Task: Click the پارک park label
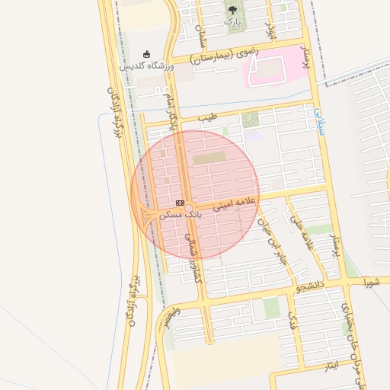coord(232,22)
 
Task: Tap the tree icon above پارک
coord(232,10)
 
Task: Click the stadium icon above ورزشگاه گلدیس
coord(146,55)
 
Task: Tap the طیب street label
coord(207,118)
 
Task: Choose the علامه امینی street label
coord(236,203)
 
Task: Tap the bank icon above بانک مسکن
coord(180,203)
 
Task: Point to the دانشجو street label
coord(312,286)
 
